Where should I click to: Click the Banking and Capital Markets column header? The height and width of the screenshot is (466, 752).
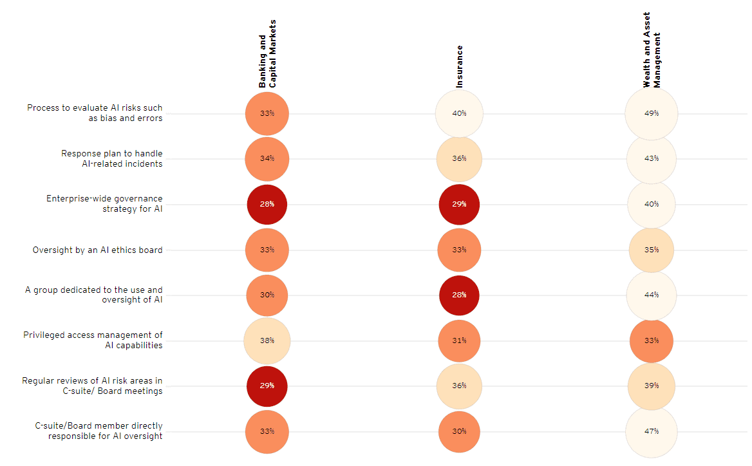click(x=267, y=62)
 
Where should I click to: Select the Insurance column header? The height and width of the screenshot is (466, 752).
click(x=459, y=66)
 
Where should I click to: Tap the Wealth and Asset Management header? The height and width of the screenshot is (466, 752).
click(x=652, y=50)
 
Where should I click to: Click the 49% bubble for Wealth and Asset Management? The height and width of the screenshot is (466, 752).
click(x=651, y=113)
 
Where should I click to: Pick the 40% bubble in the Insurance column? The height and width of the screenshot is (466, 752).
click(x=459, y=113)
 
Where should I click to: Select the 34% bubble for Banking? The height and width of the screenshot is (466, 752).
click(x=267, y=158)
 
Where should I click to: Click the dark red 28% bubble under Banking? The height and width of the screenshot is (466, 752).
click(x=267, y=204)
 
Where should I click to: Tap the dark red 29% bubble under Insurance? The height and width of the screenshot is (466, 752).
click(x=459, y=204)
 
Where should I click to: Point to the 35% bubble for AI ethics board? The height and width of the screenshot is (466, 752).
click(x=651, y=250)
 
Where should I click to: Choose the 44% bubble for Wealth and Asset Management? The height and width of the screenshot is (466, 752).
click(x=651, y=295)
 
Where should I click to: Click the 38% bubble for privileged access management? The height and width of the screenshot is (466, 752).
click(x=267, y=340)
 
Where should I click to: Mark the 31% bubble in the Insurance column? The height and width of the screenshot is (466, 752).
click(x=459, y=340)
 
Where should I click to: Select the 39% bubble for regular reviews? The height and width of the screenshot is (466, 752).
click(x=651, y=386)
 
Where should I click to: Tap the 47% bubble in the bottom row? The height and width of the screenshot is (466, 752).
click(x=651, y=431)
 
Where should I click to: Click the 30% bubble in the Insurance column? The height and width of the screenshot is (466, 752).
click(x=459, y=431)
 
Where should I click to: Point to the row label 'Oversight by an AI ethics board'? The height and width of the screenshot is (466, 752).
click(x=97, y=250)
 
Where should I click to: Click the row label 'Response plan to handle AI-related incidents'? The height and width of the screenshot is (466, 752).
click(x=111, y=158)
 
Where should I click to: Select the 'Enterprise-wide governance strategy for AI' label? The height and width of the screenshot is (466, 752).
click(x=104, y=203)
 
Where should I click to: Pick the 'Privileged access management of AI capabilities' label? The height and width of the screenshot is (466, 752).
click(x=93, y=340)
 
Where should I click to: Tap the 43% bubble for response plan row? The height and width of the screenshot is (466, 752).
click(x=651, y=158)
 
